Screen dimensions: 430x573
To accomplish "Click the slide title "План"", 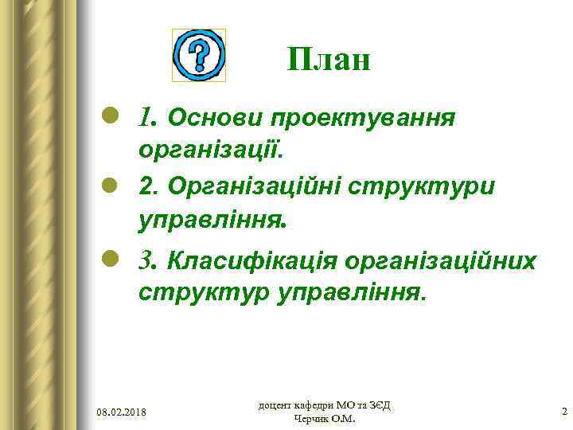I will pos(329,59).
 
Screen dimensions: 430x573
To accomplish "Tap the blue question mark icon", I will pos(199,55).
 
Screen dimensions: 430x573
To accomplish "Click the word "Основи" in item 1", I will pos(214,119).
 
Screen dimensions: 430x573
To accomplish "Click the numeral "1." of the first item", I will pos(148,119).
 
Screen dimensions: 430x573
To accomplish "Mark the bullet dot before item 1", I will pos(112,118).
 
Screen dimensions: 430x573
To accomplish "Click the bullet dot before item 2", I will pos(112,185).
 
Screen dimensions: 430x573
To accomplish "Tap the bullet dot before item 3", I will pos(112,260).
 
